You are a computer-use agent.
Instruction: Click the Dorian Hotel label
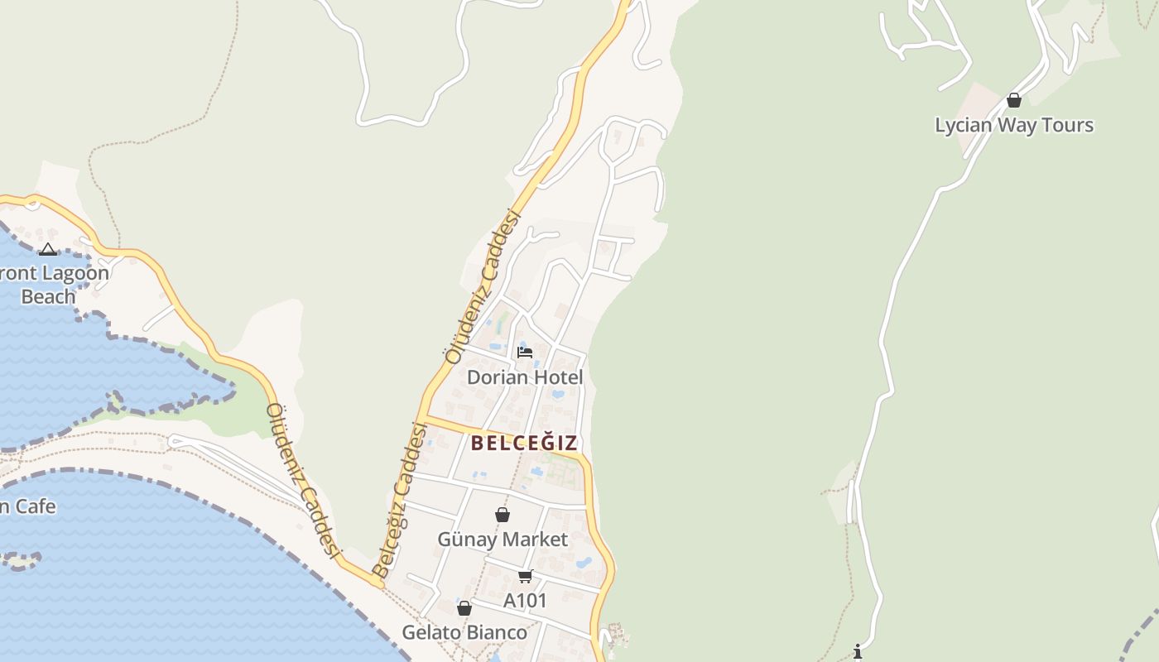click(525, 377)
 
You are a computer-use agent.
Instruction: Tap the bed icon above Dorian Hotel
click(525, 352)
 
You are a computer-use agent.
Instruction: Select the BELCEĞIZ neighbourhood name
click(524, 443)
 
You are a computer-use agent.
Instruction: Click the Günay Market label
click(503, 540)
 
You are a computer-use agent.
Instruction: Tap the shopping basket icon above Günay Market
click(503, 515)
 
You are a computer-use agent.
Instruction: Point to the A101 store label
click(526, 601)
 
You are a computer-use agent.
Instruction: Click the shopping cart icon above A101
click(525, 576)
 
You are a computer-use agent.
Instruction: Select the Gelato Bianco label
click(464, 632)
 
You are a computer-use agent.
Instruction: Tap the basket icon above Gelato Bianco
click(464, 608)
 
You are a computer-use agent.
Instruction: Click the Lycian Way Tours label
click(1014, 125)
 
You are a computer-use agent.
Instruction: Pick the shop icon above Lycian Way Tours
click(1014, 100)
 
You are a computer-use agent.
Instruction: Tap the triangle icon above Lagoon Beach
click(48, 249)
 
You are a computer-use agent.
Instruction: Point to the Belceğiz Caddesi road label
click(400, 500)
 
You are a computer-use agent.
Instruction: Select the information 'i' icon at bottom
click(858, 652)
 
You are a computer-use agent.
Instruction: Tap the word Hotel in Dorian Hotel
click(557, 377)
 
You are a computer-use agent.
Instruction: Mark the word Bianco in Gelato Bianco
click(495, 632)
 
